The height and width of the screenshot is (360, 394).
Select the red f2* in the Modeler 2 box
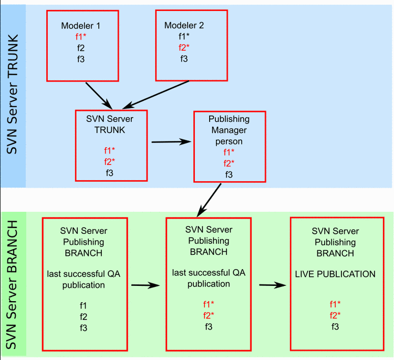[184, 47]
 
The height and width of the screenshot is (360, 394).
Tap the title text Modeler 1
[80, 26]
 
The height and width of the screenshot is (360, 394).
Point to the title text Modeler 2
[184, 25]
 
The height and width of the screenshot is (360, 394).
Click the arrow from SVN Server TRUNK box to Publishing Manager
[170, 141]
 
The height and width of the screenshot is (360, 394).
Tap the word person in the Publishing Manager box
[229, 141]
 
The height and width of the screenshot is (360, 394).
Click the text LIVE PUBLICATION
[335, 274]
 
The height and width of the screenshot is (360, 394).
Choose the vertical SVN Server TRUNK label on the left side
[13, 95]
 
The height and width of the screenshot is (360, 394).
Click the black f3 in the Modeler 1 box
[80, 59]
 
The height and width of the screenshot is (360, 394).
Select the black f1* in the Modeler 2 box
[184, 36]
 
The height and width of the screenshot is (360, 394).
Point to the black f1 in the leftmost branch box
[84, 305]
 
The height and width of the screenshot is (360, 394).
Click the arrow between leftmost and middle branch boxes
[144, 285]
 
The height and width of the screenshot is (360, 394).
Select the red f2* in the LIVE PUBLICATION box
[335, 315]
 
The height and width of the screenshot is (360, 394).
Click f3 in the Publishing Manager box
[229, 174]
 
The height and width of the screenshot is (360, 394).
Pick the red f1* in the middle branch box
[209, 304]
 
